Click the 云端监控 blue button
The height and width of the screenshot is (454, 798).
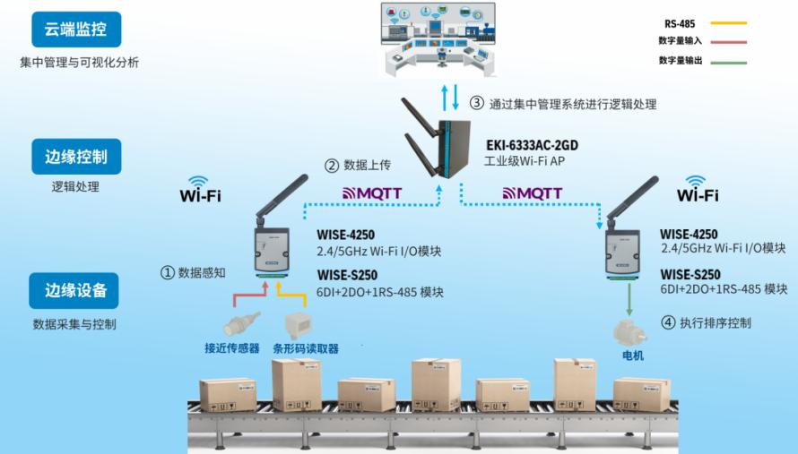pos(76,30)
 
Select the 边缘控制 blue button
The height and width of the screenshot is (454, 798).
pos(76,157)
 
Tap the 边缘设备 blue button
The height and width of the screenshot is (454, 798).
pos(74,290)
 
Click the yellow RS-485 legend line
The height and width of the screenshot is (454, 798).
pos(728,23)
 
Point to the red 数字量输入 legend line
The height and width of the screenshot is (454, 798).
pos(728,42)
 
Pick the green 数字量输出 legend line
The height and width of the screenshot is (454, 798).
pos(728,63)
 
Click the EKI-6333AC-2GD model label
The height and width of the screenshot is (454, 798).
pos(532,145)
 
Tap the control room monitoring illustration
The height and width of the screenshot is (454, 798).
pos(438,39)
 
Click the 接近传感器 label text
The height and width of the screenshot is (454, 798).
pos(232,348)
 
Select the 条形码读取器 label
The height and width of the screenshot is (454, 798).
pos(306,348)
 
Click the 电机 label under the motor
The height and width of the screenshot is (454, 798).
pos(633,355)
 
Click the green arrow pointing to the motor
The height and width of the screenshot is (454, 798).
pos(629,299)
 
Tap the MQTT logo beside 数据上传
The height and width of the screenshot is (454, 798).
pos(372,193)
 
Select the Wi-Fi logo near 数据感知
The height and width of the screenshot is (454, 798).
pos(200,190)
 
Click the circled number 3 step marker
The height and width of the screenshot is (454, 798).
pos(476,103)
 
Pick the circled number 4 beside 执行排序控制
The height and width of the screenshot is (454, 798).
pos(668,322)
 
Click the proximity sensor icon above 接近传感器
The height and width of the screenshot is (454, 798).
pos(241,324)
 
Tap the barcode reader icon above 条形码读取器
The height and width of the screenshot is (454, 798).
pos(299,325)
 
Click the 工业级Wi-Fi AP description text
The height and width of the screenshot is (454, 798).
pos(525,161)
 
